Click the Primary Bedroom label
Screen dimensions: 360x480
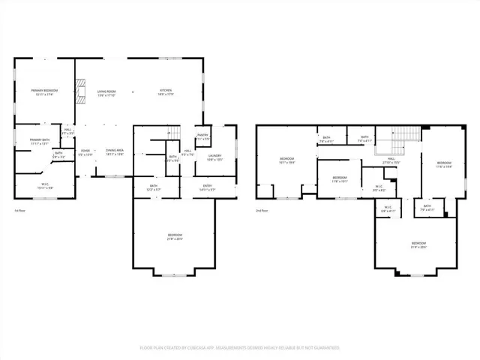43,93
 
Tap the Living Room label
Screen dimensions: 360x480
106,93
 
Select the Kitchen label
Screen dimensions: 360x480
166,93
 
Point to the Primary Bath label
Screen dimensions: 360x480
40,141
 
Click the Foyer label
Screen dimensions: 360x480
85,152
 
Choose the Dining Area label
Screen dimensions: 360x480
115,152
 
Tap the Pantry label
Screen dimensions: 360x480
202,137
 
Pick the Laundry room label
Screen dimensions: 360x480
214,157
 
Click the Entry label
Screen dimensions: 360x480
208,188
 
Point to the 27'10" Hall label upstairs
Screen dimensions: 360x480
391,160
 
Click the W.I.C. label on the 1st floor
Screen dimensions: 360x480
45,186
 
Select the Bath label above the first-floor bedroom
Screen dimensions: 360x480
154,188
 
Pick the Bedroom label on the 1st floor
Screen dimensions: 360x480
175,238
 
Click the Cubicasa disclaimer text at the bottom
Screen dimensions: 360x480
240,348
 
